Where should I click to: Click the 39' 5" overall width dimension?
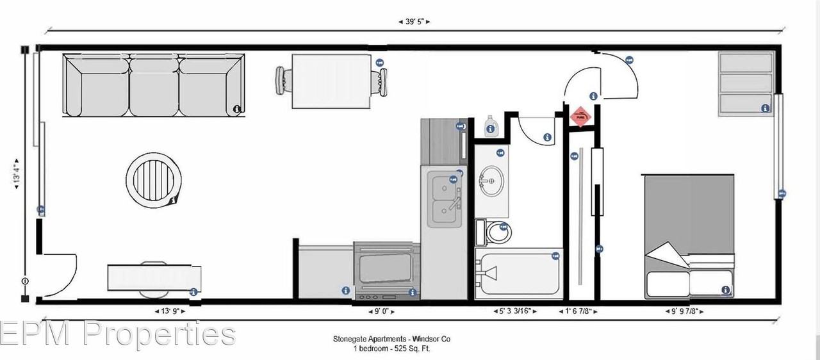click(414, 22)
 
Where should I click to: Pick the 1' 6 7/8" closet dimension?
click(580, 311)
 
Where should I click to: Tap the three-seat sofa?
click(154, 85)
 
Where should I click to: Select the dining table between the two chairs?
click(332, 82)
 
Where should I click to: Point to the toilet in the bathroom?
click(497, 232)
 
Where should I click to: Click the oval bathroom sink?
click(491, 182)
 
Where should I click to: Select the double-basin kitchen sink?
click(444, 199)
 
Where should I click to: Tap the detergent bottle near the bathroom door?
click(491, 126)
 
